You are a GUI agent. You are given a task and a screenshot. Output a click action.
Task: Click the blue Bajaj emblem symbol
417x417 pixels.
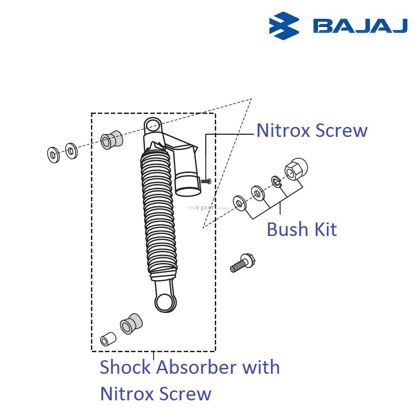pyautogui.click(x=284, y=26)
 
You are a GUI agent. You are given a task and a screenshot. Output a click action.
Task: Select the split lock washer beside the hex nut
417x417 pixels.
pyautogui.click(x=276, y=182)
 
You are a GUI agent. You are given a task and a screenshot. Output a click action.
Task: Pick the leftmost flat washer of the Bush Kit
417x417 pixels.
pyautogui.click(x=239, y=203)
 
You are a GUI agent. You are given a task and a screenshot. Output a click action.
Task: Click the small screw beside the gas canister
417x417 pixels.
pyautogui.click(x=206, y=181)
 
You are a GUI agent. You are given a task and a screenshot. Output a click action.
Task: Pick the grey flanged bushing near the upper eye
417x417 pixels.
pyautogui.click(x=111, y=140)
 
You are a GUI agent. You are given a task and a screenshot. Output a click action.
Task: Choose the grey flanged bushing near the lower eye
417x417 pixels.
pyautogui.click(x=130, y=323)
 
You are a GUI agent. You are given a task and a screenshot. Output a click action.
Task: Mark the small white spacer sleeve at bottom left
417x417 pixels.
pyautogui.click(x=108, y=339)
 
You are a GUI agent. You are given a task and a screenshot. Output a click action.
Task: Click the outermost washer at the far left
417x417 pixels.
pyautogui.click(x=53, y=155)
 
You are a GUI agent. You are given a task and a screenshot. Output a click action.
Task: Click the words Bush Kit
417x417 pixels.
pyautogui.click(x=301, y=229)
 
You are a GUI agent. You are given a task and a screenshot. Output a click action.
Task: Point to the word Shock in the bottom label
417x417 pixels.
pyautogui.click(x=126, y=367)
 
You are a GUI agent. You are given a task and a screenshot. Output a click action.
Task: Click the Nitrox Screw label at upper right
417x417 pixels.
pyautogui.click(x=312, y=131)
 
